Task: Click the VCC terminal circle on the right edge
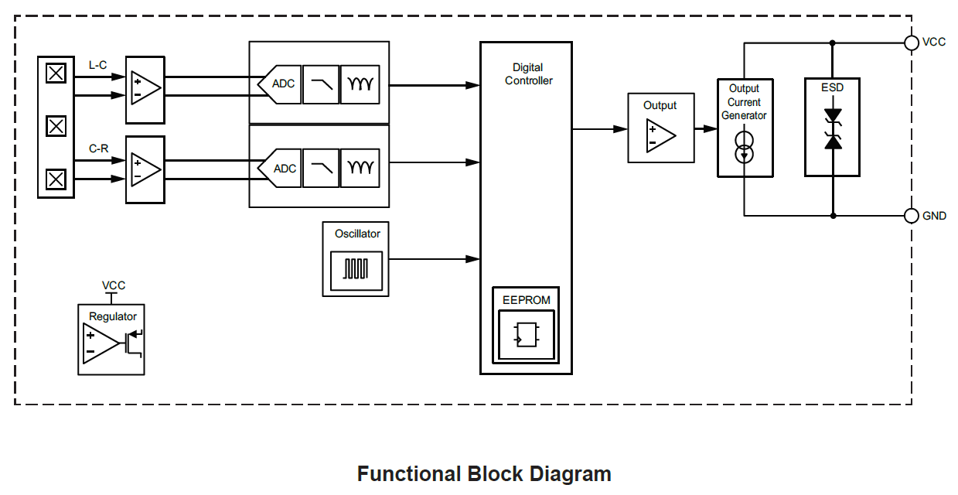pos(912,43)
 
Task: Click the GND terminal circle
pos(912,216)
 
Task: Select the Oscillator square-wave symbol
pos(356,270)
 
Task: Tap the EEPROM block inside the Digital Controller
pos(526,326)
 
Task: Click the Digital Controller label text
pos(529,74)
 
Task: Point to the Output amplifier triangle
pos(660,136)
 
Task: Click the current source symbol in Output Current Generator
pos(744,148)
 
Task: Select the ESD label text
pos(832,87)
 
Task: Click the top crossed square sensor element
pos(56,73)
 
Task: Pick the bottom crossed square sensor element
pos(56,179)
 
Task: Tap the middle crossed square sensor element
pos(56,126)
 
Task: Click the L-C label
pos(98,65)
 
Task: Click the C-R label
pos(98,148)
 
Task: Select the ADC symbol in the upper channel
pos(280,84)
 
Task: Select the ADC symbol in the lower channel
pos(280,169)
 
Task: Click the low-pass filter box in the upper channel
pos(321,84)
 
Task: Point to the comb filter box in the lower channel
pos(360,169)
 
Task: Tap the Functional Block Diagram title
pos(484,474)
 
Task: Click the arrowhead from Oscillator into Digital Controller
pos(472,259)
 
